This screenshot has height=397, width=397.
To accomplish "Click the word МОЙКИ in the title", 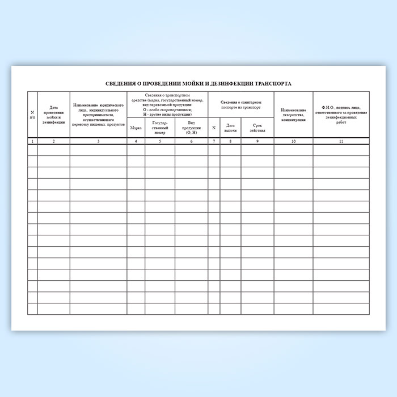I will (188, 83).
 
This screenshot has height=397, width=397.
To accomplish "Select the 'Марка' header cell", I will (136, 128).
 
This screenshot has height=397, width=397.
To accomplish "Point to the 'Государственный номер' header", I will (159, 128).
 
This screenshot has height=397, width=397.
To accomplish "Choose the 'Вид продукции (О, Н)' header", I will (191, 128).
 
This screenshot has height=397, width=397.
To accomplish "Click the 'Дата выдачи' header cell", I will (230, 128).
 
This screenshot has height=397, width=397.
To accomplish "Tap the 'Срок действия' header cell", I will (257, 128).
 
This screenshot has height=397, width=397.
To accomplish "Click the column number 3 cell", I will (98, 141).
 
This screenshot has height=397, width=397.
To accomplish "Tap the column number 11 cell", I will (340, 141).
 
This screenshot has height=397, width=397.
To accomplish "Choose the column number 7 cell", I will (214, 141).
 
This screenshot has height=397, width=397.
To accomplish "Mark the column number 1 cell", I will (32, 141).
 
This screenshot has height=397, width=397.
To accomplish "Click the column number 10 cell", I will (293, 141).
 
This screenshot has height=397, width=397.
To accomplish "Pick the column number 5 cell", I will (159, 141).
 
